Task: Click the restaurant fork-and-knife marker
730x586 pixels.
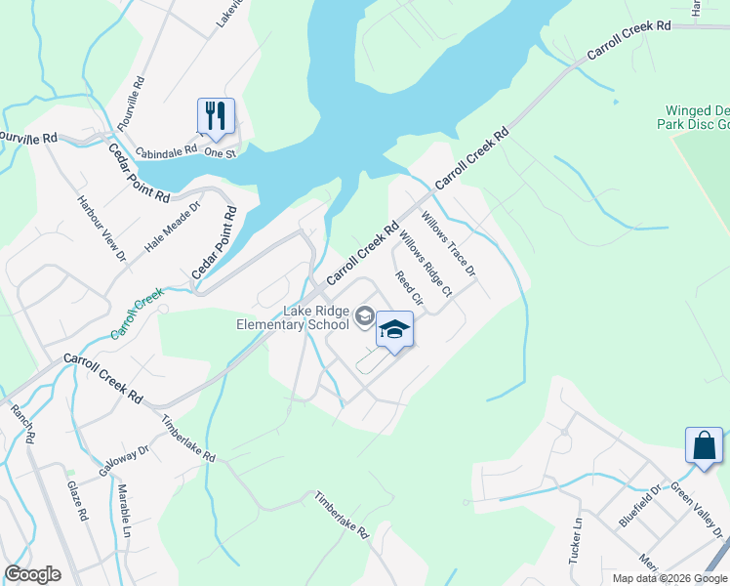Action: coord(215,115)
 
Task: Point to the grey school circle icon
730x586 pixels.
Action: coord(364,314)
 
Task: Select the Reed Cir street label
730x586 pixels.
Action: coord(408,287)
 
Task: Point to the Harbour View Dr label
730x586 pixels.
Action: coord(101,228)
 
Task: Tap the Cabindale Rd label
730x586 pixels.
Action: coord(167,152)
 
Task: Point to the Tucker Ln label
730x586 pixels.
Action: coord(575,540)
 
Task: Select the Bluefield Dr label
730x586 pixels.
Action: coord(639,504)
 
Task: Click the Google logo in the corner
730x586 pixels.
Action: coord(32,574)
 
